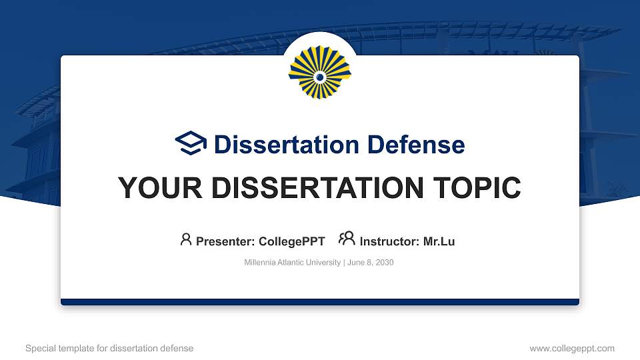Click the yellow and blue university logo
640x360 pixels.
320,73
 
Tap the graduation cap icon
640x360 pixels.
191,144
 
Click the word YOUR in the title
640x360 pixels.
154,189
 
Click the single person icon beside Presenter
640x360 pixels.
186,239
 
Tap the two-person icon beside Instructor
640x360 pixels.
347,239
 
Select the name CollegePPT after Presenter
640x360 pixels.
293,241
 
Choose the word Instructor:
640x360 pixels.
389,241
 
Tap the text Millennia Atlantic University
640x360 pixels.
293,263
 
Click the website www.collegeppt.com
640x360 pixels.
571,348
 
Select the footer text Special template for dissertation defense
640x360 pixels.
109,348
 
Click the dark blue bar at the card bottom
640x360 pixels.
320,302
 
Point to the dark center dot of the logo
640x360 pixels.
320,77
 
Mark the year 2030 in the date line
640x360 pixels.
385,263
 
